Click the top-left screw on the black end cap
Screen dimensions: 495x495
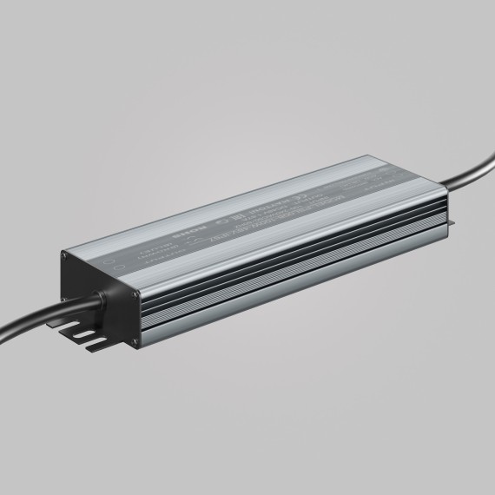63,258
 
